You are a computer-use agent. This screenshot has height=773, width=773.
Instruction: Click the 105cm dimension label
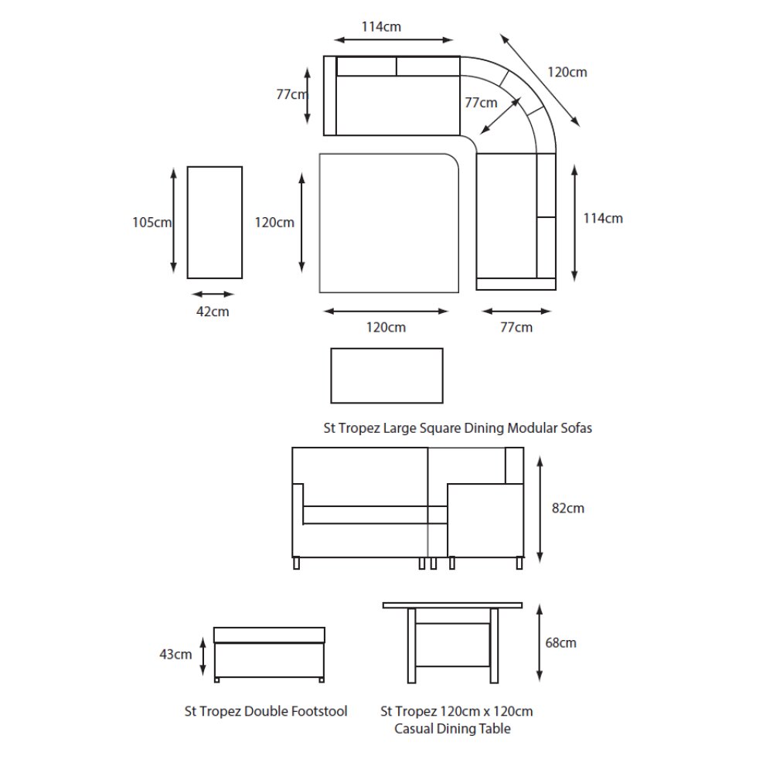pyautogui.click(x=152, y=223)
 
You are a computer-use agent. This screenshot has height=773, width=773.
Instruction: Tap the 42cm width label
pyautogui.click(x=213, y=312)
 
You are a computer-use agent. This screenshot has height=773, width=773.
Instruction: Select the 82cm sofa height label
pyautogui.click(x=569, y=509)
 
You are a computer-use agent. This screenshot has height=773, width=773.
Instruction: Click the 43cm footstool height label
pyautogui.click(x=175, y=655)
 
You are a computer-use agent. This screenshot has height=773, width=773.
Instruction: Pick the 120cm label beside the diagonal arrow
pyautogui.click(x=567, y=72)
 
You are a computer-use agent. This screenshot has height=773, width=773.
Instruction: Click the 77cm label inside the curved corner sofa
pyautogui.click(x=481, y=102)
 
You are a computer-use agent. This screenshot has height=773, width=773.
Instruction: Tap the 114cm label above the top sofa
pyautogui.click(x=381, y=26)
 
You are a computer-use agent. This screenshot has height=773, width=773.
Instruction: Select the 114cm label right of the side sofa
pyautogui.click(x=603, y=218)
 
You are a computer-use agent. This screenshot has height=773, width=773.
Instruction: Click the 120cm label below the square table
pyautogui.click(x=386, y=327)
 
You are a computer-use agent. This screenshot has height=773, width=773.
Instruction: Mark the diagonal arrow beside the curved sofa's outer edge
pyautogui.click(x=540, y=79)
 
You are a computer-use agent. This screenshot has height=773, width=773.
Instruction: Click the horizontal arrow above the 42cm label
pyautogui.click(x=213, y=295)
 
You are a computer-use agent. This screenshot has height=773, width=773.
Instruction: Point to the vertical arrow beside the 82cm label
pyautogui.click(x=540, y=509)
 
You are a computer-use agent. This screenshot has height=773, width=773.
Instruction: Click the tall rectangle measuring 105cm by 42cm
pyautogui.click(x=215, y=222)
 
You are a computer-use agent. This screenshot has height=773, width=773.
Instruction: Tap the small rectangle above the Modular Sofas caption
pyautogui.click(x=386, y=375)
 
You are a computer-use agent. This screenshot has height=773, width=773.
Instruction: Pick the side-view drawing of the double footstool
pyautogui.click(x=268, y=654)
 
